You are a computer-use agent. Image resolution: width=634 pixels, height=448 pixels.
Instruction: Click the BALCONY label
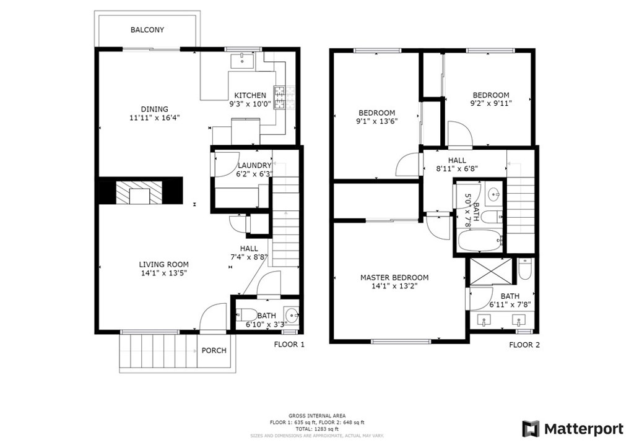147,30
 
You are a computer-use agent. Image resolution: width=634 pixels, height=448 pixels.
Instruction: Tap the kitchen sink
242,61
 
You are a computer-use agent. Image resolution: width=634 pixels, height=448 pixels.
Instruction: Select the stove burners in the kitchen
280,98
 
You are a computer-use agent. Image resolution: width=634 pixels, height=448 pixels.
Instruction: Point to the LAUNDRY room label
254,165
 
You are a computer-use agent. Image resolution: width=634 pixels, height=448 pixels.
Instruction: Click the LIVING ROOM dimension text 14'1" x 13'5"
163,273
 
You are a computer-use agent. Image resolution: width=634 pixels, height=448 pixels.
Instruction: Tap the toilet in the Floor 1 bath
246,314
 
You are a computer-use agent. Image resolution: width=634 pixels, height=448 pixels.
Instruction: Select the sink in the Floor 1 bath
292,314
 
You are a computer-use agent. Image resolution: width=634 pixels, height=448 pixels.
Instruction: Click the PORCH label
214,351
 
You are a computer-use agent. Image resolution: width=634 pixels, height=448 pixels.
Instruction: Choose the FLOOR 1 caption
289,345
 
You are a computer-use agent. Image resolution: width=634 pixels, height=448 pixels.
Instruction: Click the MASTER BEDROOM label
394,278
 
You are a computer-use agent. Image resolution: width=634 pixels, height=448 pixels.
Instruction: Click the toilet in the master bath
525,269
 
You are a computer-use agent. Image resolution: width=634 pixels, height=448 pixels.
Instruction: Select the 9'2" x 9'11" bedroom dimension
491,103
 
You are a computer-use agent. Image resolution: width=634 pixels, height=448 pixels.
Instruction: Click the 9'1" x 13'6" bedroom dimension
377,121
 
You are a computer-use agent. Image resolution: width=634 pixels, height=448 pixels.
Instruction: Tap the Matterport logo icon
531,429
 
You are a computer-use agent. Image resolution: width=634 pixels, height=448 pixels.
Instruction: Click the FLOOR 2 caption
524,345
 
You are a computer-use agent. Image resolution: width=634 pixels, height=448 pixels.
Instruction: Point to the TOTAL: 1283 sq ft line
316,429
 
